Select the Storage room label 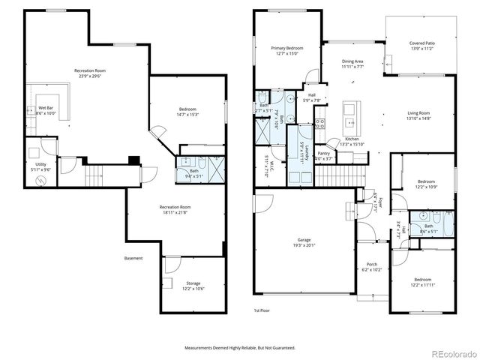click(193, 286)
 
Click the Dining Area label click(352, 64)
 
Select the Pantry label click(323, 155)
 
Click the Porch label click(371, 266)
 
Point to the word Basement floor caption click(133, 259)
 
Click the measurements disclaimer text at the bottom click(240, 348)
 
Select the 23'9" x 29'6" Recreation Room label click(89, 73)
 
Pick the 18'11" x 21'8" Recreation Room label click(175, 209)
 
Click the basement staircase click(94, 176)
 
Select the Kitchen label click(352, 142)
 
